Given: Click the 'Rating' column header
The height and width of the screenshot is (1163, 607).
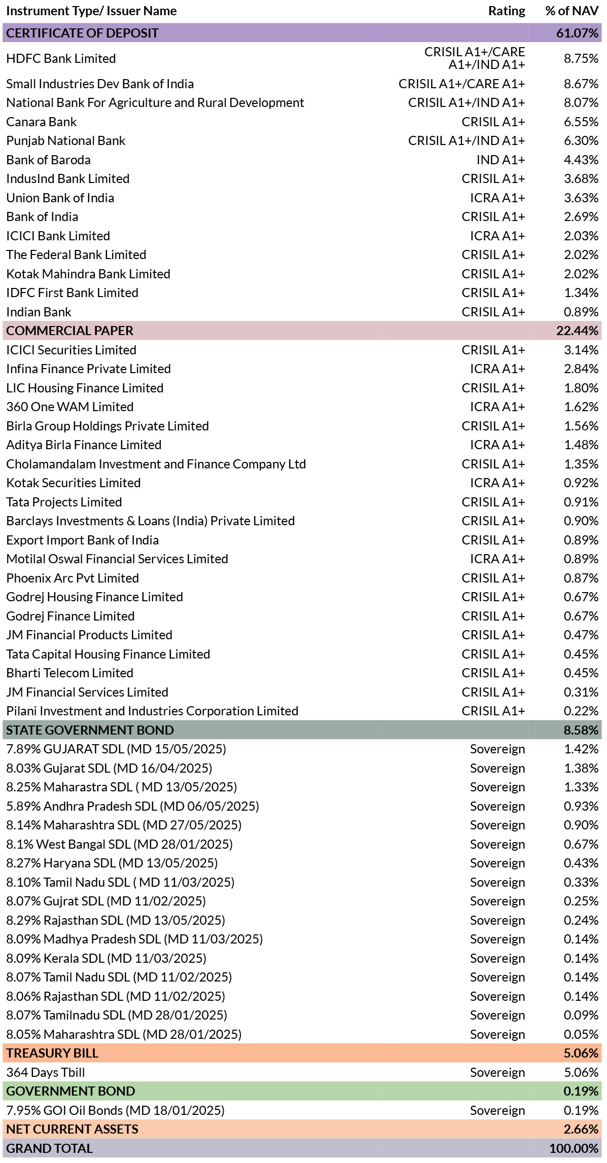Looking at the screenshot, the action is (507, 11).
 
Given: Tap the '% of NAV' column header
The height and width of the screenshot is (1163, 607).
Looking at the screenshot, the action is (572, 11).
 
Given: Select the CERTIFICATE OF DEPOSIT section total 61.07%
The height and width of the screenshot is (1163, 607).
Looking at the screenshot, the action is (577, 33).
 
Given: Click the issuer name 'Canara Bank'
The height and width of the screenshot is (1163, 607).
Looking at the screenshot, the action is (42, 122).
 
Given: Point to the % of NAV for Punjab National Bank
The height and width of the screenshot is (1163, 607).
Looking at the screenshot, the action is (581, 141).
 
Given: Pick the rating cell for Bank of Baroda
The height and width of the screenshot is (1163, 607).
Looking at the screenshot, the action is (501, 160).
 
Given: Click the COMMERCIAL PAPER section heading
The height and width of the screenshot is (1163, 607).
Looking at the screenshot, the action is (69, 331).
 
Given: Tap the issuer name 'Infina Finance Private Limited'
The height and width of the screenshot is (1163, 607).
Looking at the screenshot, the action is (89, 369).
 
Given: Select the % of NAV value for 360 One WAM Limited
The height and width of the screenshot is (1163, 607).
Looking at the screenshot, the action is (581, 407).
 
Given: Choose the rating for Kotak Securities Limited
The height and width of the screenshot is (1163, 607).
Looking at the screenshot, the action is (497, 483).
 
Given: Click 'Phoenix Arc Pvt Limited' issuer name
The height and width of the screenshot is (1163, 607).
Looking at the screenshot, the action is (73, 578).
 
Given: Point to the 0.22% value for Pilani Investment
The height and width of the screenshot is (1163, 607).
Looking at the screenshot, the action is (581, 711).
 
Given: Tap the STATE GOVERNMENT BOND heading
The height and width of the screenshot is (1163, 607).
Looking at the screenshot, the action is (90, 731).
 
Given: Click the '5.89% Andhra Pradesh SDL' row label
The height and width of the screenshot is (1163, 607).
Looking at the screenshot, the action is (133, 807).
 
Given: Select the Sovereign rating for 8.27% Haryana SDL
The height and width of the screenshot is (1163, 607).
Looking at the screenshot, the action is (497, 863).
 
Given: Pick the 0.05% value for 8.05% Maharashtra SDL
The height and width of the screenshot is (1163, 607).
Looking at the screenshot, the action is (581, 1035).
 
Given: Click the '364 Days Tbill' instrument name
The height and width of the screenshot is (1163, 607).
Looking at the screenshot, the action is (46, 1073).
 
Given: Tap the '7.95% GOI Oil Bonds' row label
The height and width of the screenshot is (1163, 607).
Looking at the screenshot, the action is (116, 1111).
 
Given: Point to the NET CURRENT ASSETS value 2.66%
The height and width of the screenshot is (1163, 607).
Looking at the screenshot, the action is (581, 1130).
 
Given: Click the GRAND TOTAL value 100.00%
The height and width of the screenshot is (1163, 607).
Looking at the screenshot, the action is (574, 1149).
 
